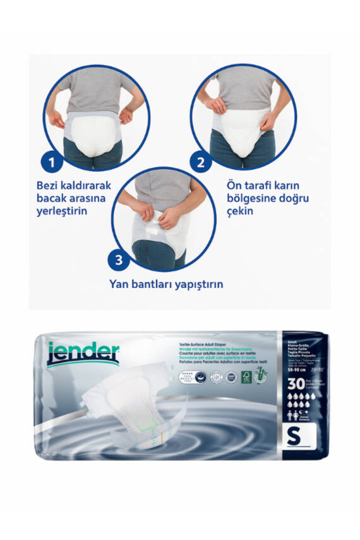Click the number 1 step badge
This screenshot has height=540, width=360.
[52, 162]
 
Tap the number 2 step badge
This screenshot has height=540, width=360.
[201, 162]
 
